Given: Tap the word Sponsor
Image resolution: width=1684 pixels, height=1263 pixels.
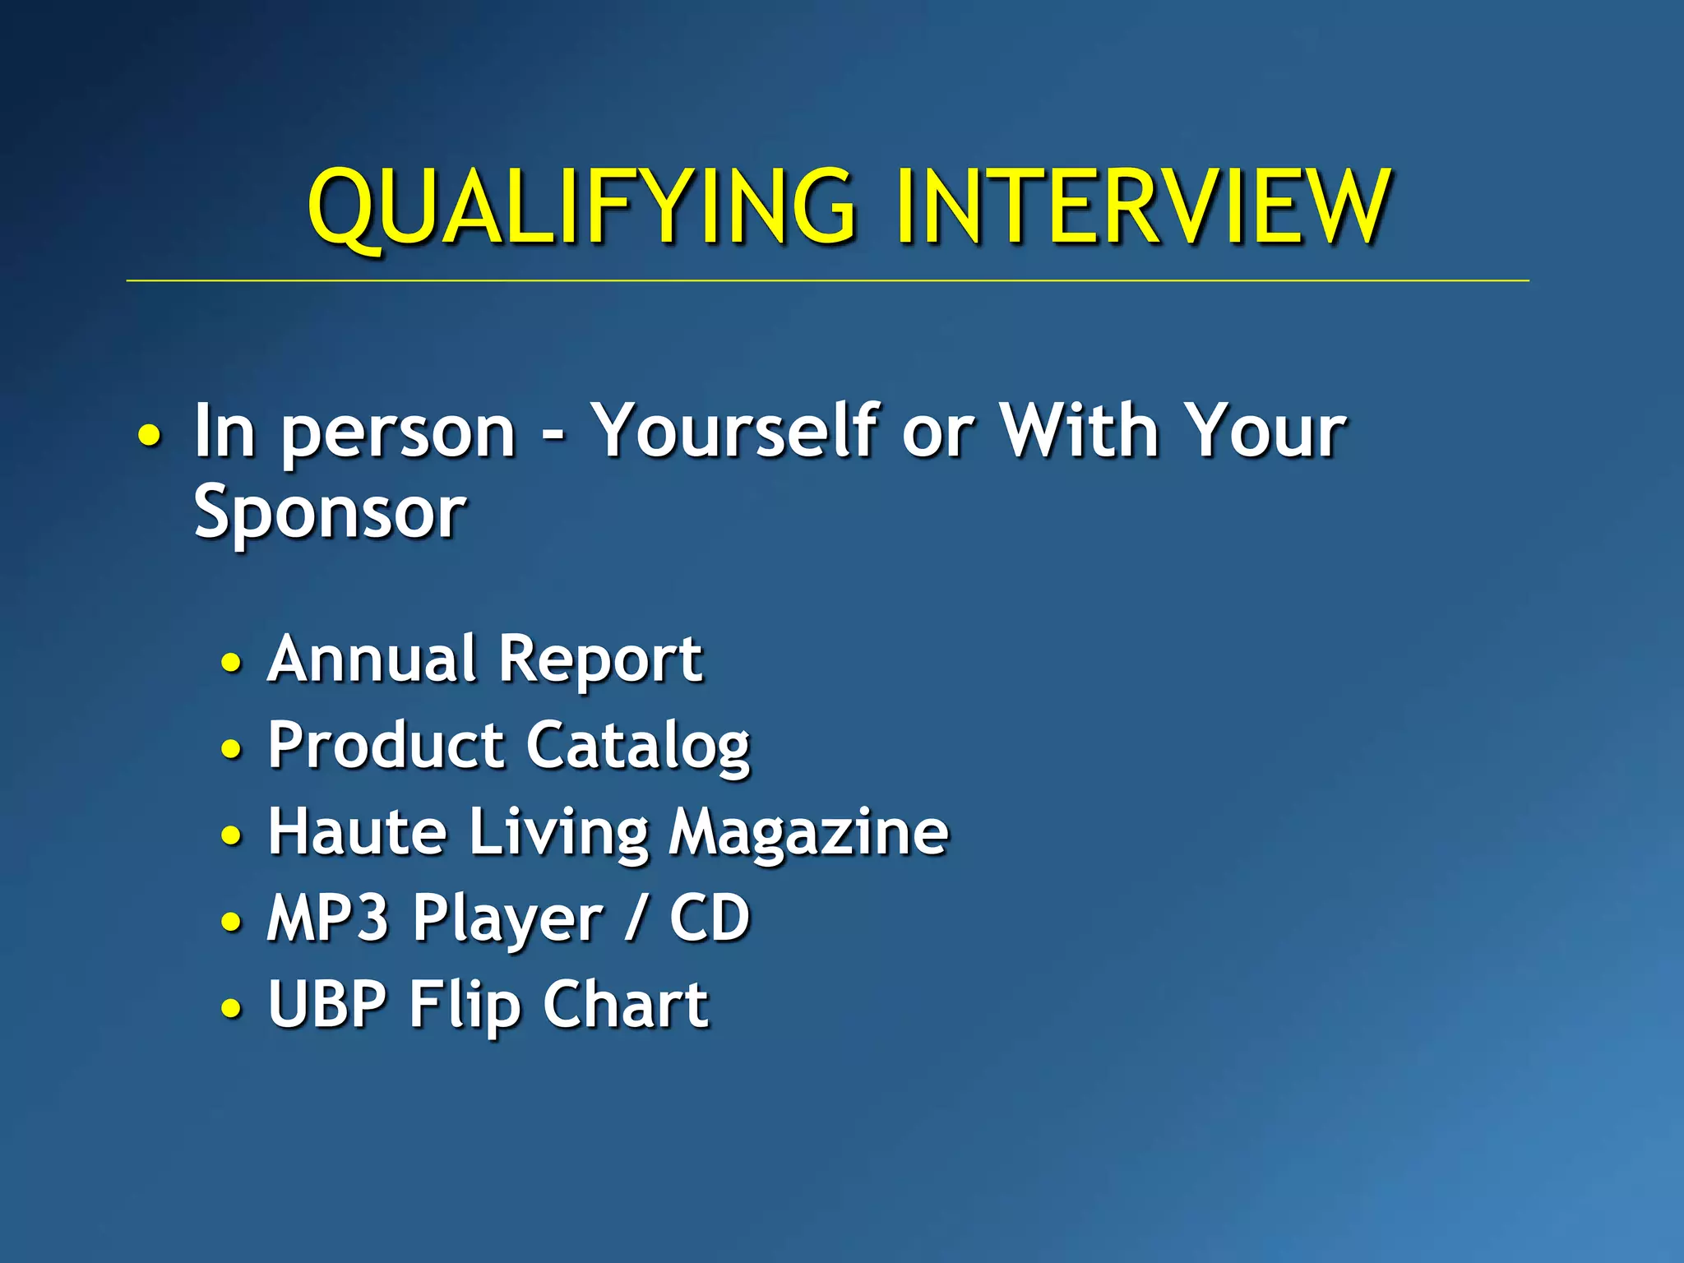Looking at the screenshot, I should [x=330, y=512].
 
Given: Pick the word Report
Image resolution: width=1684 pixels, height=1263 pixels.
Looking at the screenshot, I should [x=601, y=660].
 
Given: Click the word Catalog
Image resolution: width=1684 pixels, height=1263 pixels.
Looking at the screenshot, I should [x=638, y=746].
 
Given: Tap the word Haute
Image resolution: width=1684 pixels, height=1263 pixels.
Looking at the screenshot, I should [x=358, y=831].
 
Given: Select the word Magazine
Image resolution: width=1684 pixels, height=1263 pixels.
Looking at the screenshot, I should [x=808, y=833].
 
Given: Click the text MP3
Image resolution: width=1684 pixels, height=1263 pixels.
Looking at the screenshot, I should [x=327, y=918].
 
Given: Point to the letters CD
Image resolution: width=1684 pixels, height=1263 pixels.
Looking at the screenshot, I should [x=710, y=918].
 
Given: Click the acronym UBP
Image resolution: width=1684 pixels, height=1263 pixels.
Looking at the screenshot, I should [x=327, y=1004].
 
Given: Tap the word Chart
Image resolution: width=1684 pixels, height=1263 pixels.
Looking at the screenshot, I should [x=626, y=1004].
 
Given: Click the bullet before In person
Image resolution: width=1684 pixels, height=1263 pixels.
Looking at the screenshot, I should [x=150, y=435].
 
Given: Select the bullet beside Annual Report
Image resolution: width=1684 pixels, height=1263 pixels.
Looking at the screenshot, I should [x=232, y=663].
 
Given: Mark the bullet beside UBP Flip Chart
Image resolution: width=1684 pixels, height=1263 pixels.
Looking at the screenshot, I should [x=232, y=1008].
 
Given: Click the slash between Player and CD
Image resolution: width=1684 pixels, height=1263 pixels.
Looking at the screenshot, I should [x=634, y=919].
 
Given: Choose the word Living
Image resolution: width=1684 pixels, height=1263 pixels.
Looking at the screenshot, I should [x=558, y=833].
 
